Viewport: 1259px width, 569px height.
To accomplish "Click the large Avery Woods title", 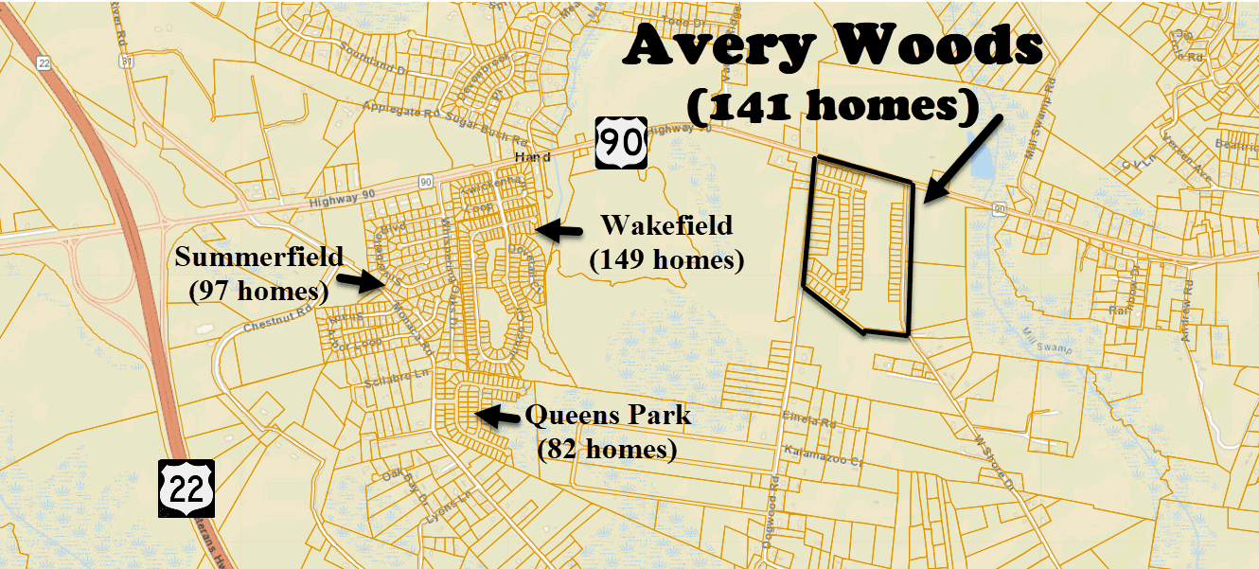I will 832,46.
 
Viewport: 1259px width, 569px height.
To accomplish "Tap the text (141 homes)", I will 832,107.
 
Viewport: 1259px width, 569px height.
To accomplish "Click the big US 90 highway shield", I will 621,143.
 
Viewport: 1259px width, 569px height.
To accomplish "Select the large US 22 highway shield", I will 185,489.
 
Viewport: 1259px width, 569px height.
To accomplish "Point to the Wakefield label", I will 666,225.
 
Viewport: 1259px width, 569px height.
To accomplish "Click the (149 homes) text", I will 666,258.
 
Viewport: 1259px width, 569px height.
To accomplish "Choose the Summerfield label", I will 258,257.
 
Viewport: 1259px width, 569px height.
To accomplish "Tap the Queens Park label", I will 608,415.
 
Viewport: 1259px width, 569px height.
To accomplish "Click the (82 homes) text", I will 607,449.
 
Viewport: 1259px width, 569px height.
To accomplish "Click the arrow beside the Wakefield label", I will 559,229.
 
